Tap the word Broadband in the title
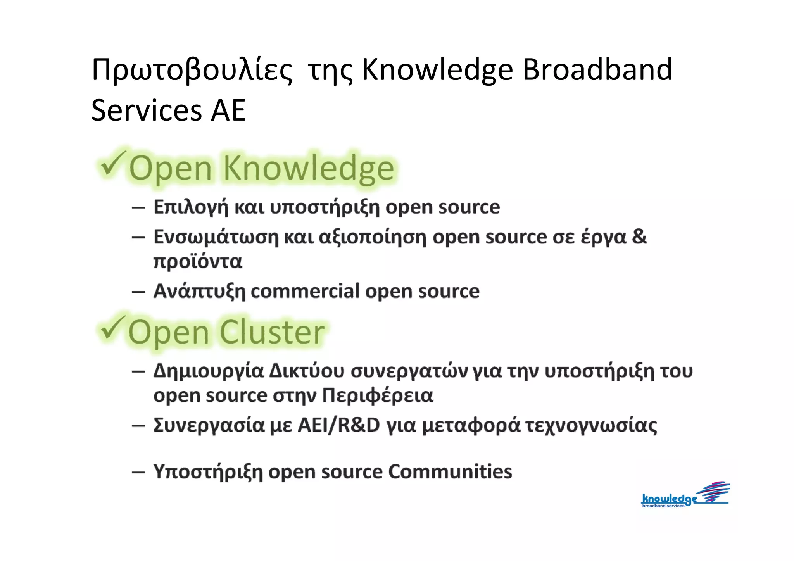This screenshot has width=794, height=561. tap(597, 70)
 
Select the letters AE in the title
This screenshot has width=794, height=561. tap(228, 110)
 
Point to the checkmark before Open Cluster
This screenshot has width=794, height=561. tap(112, 328)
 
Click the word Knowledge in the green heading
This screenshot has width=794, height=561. tap(309, 169)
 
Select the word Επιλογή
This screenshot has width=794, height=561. tap(191, 207)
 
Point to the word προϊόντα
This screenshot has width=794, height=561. tap(198, 261)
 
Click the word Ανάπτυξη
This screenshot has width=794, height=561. tap(199, 292)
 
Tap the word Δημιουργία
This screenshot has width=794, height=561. tap(208, 371)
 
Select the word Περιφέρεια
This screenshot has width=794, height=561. tap(378, 396)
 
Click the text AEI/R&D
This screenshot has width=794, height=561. tap(338, 425)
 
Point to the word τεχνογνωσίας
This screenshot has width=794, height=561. tap(591, 426)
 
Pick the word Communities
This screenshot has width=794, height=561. tap(450, 472)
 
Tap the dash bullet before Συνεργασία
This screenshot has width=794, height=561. tap(138, 426)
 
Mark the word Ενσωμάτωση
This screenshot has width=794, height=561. tap(216, 237)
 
